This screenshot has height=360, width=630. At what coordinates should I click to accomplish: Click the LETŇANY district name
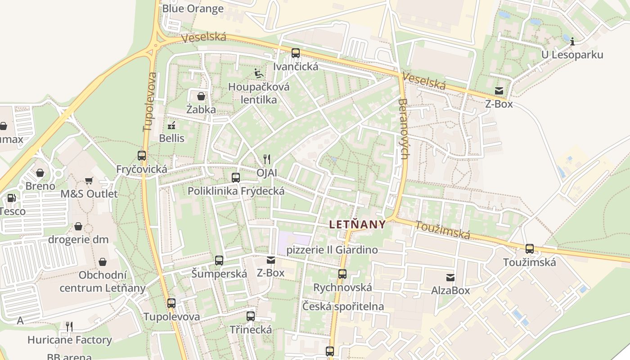pyautogui.click(x=357, y=224)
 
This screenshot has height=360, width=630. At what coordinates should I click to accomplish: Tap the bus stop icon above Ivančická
pyautogui.click(x=296, y=53)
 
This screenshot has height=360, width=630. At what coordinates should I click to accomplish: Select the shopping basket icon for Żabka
pyautogui.click(x=201, y=96)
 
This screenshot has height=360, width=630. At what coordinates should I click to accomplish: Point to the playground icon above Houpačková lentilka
pyautogui.click(x=259, y=73)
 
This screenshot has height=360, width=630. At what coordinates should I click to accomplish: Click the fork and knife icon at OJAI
pyautogui.click(x=267, y=159)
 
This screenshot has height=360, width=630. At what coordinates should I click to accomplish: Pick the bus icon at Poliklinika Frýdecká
pyautogui.click(x=236, y=178)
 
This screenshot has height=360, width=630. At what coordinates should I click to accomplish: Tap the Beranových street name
pyautogui.click(x=403, y=129)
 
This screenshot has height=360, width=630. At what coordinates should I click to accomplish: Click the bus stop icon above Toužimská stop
pyautogui.click(x=530, y=249)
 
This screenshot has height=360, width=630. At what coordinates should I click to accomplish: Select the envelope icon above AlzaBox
pyautogui.click(x=450, y=277)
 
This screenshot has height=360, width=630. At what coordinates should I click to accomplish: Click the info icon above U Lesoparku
pyautogui.click(x=572, y=42)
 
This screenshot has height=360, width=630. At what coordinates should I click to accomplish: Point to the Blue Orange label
pyautogui.click(x=193, y=9)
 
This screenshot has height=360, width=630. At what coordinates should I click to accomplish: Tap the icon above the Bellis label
pyautogui.click(x=171, y=125)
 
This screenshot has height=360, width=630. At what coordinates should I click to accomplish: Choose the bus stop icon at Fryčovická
pyautogui.click(x=142, y=156)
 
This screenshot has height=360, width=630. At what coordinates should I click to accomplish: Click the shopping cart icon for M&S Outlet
pyautogui.click(x=89, y=180)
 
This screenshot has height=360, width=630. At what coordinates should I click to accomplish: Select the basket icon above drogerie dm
pyautogui.click(x=78, y=226)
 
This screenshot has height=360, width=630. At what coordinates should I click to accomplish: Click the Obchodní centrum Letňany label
pyautogui.click(x=103, y=281)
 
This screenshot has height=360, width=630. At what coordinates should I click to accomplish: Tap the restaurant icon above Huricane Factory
pyautogui.click(x=69, y=326)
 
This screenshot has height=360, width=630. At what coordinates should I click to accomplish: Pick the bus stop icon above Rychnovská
pyautogui.click(x=342, y=274)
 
